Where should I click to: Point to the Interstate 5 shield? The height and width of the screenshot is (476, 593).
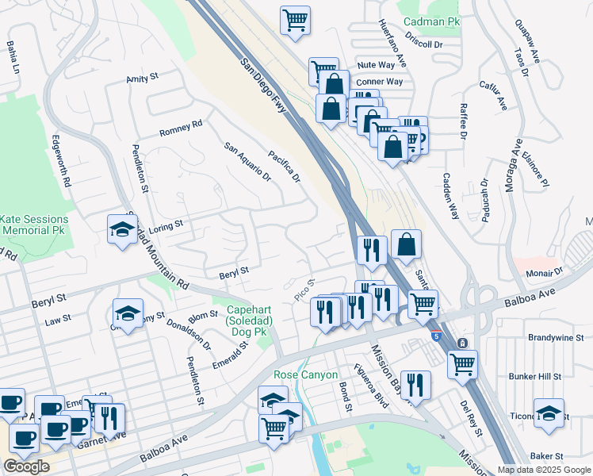(x=437, y=336)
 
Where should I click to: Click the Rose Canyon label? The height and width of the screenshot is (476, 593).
(x=305, y=374)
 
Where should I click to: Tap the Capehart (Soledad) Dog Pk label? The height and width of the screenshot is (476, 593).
(x=250, y=317)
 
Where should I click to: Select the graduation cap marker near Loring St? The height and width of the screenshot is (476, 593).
(x=122, y=228)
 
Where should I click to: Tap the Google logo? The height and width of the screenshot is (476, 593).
(x=26, y=466)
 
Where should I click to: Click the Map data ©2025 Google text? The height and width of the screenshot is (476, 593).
(x=544, y=470)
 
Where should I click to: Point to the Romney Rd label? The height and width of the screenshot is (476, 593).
(x=181, y=127)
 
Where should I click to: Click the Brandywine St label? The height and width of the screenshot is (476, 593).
(x=556, y=337)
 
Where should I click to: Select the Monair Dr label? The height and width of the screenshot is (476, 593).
(x=543, y=273)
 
